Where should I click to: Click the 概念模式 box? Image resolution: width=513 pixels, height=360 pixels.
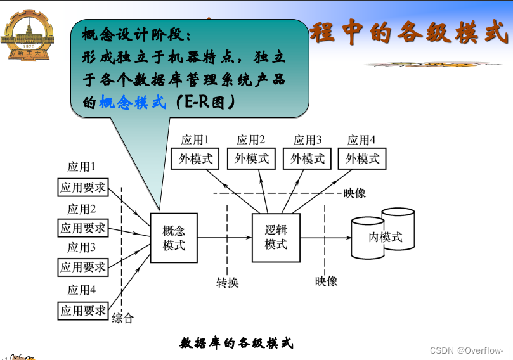(x=174, y=238)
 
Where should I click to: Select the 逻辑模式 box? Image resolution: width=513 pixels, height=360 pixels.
(x=276, y=238)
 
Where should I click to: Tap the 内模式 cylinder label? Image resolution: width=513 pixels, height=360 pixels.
(x=386, y=238)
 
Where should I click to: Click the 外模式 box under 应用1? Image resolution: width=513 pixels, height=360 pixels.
(x=197, y=158)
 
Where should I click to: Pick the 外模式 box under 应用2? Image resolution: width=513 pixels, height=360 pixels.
(x=252, y=158)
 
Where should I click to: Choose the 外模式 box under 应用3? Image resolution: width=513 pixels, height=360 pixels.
(x=308, y=158)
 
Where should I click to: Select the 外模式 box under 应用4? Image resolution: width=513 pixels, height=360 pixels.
(x=363, y=158)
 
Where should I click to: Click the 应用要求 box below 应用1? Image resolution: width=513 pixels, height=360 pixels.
(x=83, y=188)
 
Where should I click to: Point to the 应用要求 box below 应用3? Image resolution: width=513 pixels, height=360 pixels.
(x=83, y=267)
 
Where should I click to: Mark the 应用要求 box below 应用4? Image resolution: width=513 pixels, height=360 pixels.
(x=83, y=311)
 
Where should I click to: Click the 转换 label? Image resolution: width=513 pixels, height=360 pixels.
(x=227, y=283)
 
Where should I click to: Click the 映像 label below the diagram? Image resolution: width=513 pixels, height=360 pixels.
(x=327, y=281)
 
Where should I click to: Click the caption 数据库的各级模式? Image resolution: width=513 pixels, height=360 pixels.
(x=236, y=344)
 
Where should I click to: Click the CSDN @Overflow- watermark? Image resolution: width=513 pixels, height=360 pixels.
(x=466, y=350)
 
